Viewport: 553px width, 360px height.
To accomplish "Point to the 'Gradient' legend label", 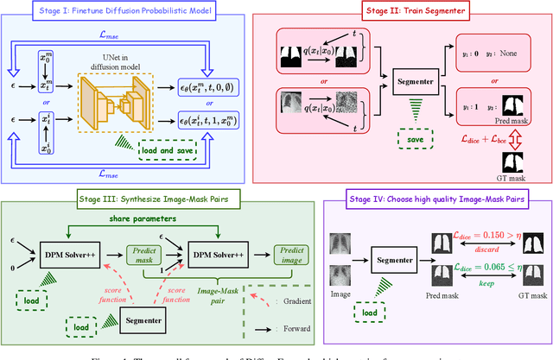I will click(x=294, y=302).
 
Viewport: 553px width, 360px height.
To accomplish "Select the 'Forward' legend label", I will click(x=293, y=329).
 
